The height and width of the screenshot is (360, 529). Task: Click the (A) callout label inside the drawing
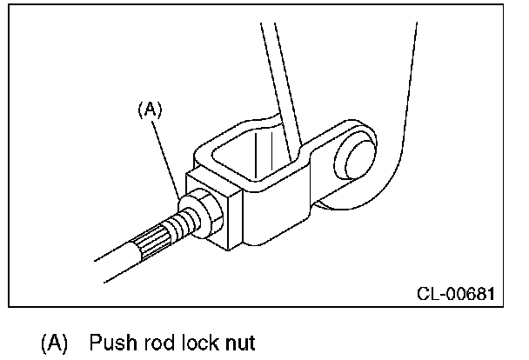coord(151,109)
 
